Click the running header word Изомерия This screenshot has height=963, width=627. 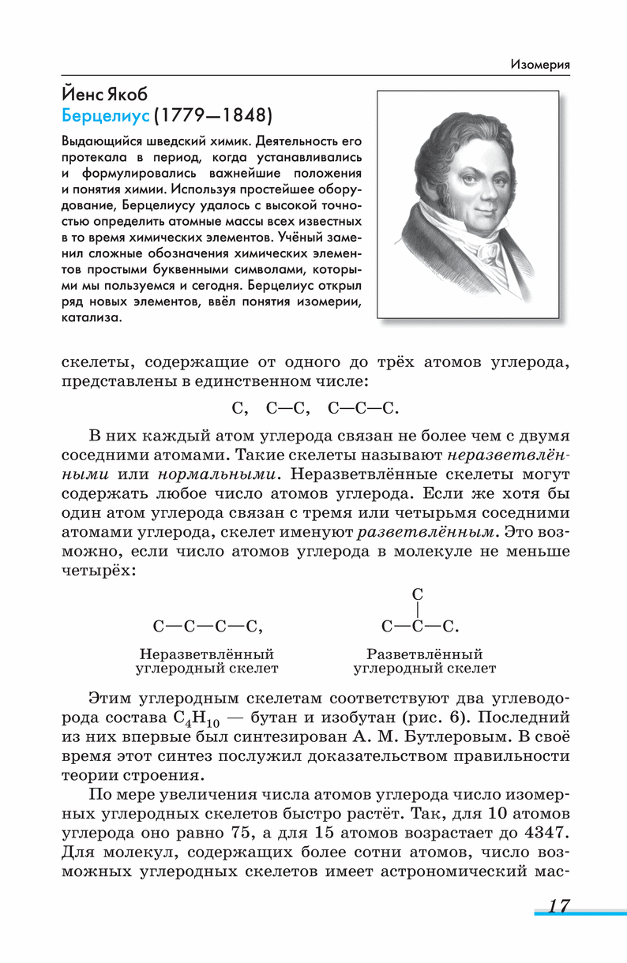540,64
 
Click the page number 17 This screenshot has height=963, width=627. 558,905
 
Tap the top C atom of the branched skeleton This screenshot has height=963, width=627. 419,594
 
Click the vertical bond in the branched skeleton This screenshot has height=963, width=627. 419,610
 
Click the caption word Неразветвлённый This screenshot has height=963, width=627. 207,654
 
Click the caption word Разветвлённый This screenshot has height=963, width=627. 425,654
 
